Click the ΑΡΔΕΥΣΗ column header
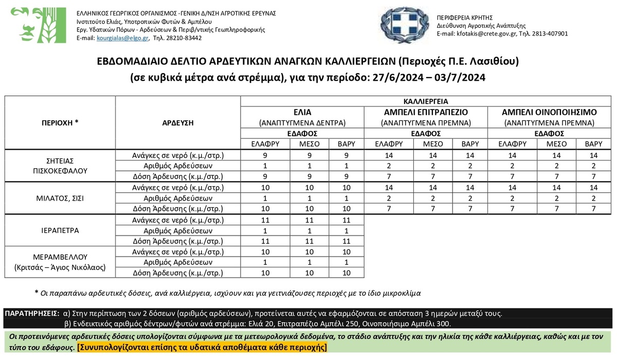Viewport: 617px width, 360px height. click(x=178, y=123)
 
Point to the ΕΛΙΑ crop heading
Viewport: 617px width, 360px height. click(x=302, y=113)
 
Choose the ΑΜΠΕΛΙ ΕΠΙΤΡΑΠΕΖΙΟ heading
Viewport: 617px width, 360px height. click(x=426, y=113)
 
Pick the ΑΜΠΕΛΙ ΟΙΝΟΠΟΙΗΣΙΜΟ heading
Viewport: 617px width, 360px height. click(x=549, y=113)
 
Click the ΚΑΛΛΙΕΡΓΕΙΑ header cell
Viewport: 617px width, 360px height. click(x=426, y=101)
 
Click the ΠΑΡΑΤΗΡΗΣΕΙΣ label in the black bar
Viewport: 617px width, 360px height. click(x=32, y=313)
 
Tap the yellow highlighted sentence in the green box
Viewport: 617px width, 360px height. click(x=202, y=347)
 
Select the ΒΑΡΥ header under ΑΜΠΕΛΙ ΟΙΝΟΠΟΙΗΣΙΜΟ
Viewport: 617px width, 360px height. click(x=593, y=144)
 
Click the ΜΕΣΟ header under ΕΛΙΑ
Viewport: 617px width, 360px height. click(x=302, y=144)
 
